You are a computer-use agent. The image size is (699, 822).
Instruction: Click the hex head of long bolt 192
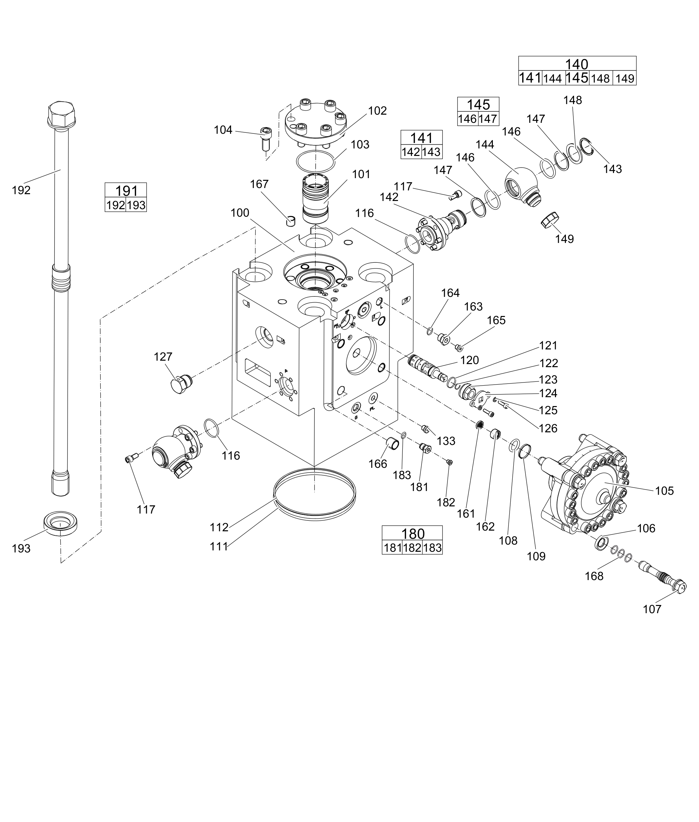(x=61, y=114)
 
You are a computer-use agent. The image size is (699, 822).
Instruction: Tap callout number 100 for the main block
(x=240, y=213)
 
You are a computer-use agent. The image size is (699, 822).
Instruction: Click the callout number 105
(x=664, y=491)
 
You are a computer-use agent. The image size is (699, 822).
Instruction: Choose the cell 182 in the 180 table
(x=412, y=548)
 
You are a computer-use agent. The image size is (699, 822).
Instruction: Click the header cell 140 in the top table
(x=576, y=64)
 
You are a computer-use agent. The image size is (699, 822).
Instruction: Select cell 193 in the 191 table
(x=136, y=205)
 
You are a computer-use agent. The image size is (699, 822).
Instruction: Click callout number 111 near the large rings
(x=219, y=546)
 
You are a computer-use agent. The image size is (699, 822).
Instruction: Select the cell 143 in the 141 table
(x=431, y=152)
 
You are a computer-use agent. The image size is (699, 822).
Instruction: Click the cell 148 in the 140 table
(x=600, y=78)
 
